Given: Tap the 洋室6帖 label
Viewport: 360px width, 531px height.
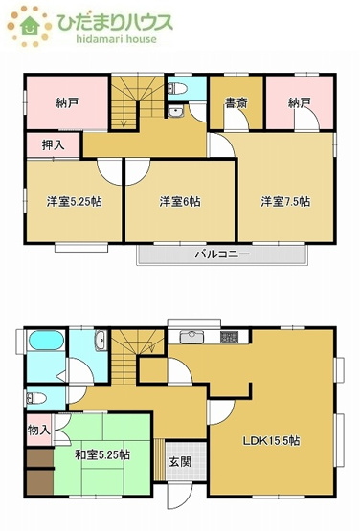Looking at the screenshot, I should (179, 201).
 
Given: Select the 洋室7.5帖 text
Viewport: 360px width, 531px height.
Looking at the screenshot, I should (286, 201).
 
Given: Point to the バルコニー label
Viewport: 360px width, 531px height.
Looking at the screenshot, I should (222, 254).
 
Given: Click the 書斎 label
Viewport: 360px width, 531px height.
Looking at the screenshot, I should (236, 102).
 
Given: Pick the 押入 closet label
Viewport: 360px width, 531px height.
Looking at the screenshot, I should (54, 144).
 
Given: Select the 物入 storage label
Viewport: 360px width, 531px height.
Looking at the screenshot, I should (39, 431).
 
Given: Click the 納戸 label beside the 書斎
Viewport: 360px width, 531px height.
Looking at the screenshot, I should (300, 102).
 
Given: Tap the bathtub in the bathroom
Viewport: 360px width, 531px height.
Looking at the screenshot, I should (45, 342).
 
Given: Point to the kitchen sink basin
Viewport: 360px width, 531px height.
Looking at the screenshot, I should (191, 337).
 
